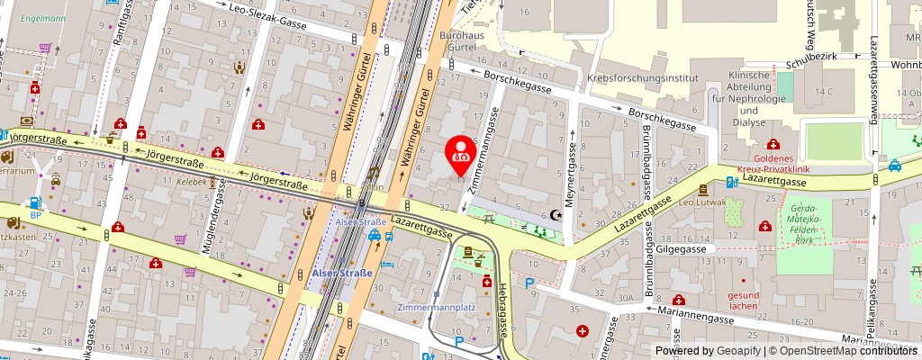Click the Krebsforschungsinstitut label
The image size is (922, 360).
643,78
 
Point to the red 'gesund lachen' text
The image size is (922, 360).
745,300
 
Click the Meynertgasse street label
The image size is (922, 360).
571,172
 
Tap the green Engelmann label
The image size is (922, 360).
44,18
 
